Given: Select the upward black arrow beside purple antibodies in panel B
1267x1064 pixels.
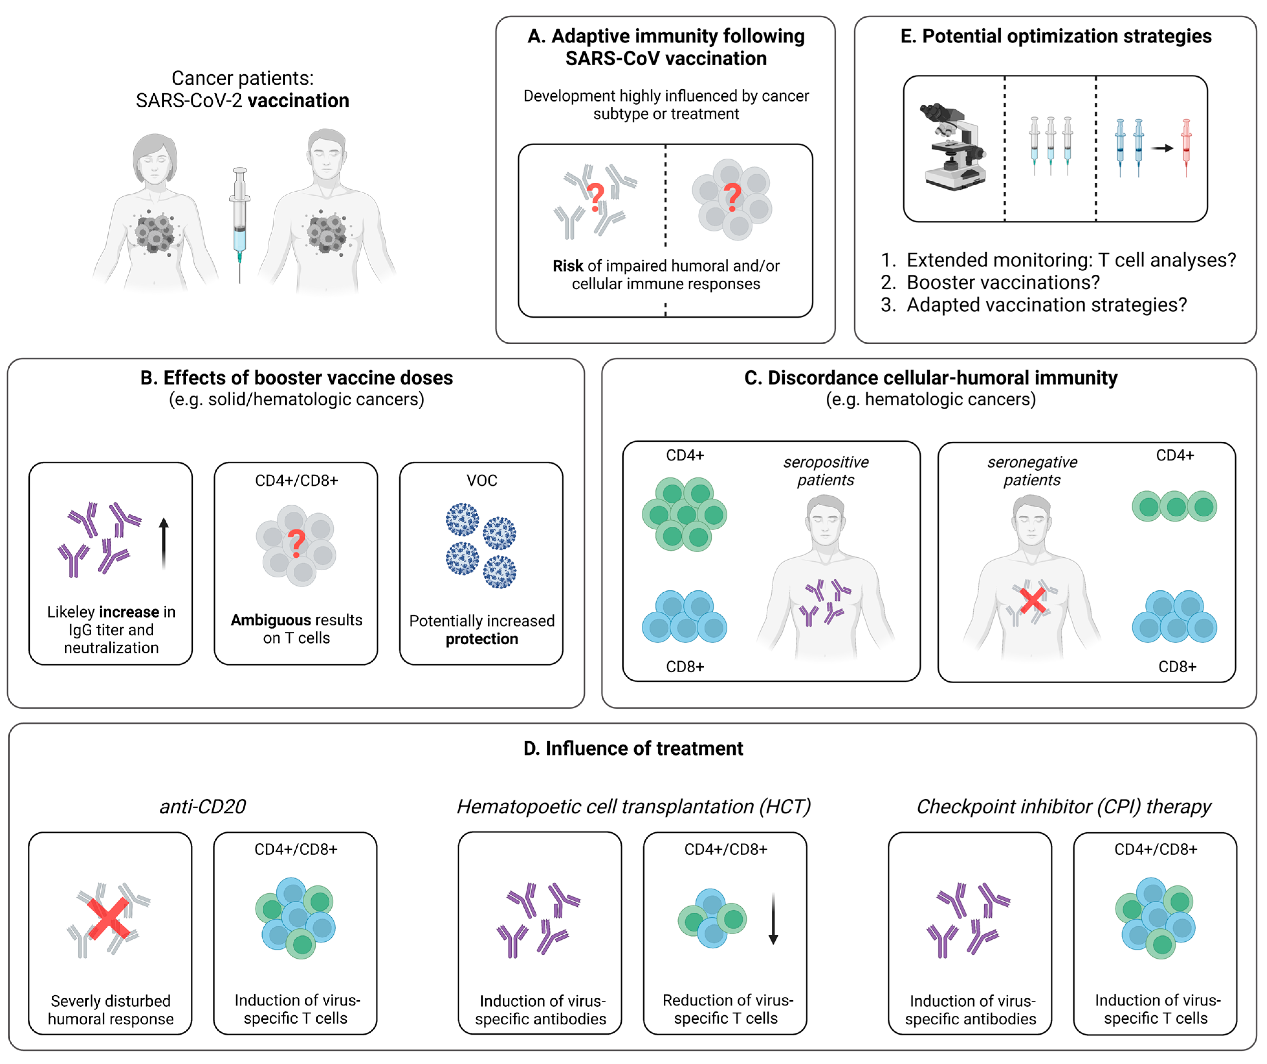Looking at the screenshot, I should (x=163, y=543).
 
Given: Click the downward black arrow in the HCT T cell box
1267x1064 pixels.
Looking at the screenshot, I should (x=773, y=919).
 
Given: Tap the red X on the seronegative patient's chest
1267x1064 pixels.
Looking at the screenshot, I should (x=1032, y=601).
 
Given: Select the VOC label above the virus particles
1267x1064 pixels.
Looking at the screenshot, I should (x=481, y=481).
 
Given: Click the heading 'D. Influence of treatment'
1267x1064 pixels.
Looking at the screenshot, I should (x=633, y=748).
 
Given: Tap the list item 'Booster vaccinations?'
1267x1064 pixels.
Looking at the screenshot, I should (x=1003, y=282).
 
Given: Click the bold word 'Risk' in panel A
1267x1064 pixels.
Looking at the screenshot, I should (x=567, y=266).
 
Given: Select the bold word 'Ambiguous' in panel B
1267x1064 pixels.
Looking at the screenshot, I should (x=270, y=620).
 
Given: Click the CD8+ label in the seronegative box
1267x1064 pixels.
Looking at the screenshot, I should (x=1176, y=667).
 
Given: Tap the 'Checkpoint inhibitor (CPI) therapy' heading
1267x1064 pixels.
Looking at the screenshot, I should (x=1064, y=806).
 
